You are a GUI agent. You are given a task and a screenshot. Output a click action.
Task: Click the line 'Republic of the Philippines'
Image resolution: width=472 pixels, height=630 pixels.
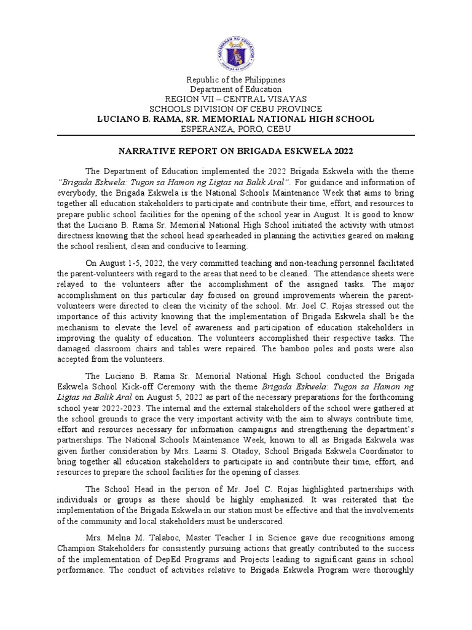[236, 80]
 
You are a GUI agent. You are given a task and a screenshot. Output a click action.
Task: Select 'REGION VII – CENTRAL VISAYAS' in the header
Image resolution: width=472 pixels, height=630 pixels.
[236, 99]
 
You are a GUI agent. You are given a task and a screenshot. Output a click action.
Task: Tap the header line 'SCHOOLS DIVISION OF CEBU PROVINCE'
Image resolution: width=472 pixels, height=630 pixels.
[236, 109]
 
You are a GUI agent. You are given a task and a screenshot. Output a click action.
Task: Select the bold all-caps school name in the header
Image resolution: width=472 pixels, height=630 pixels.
[236, 118]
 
